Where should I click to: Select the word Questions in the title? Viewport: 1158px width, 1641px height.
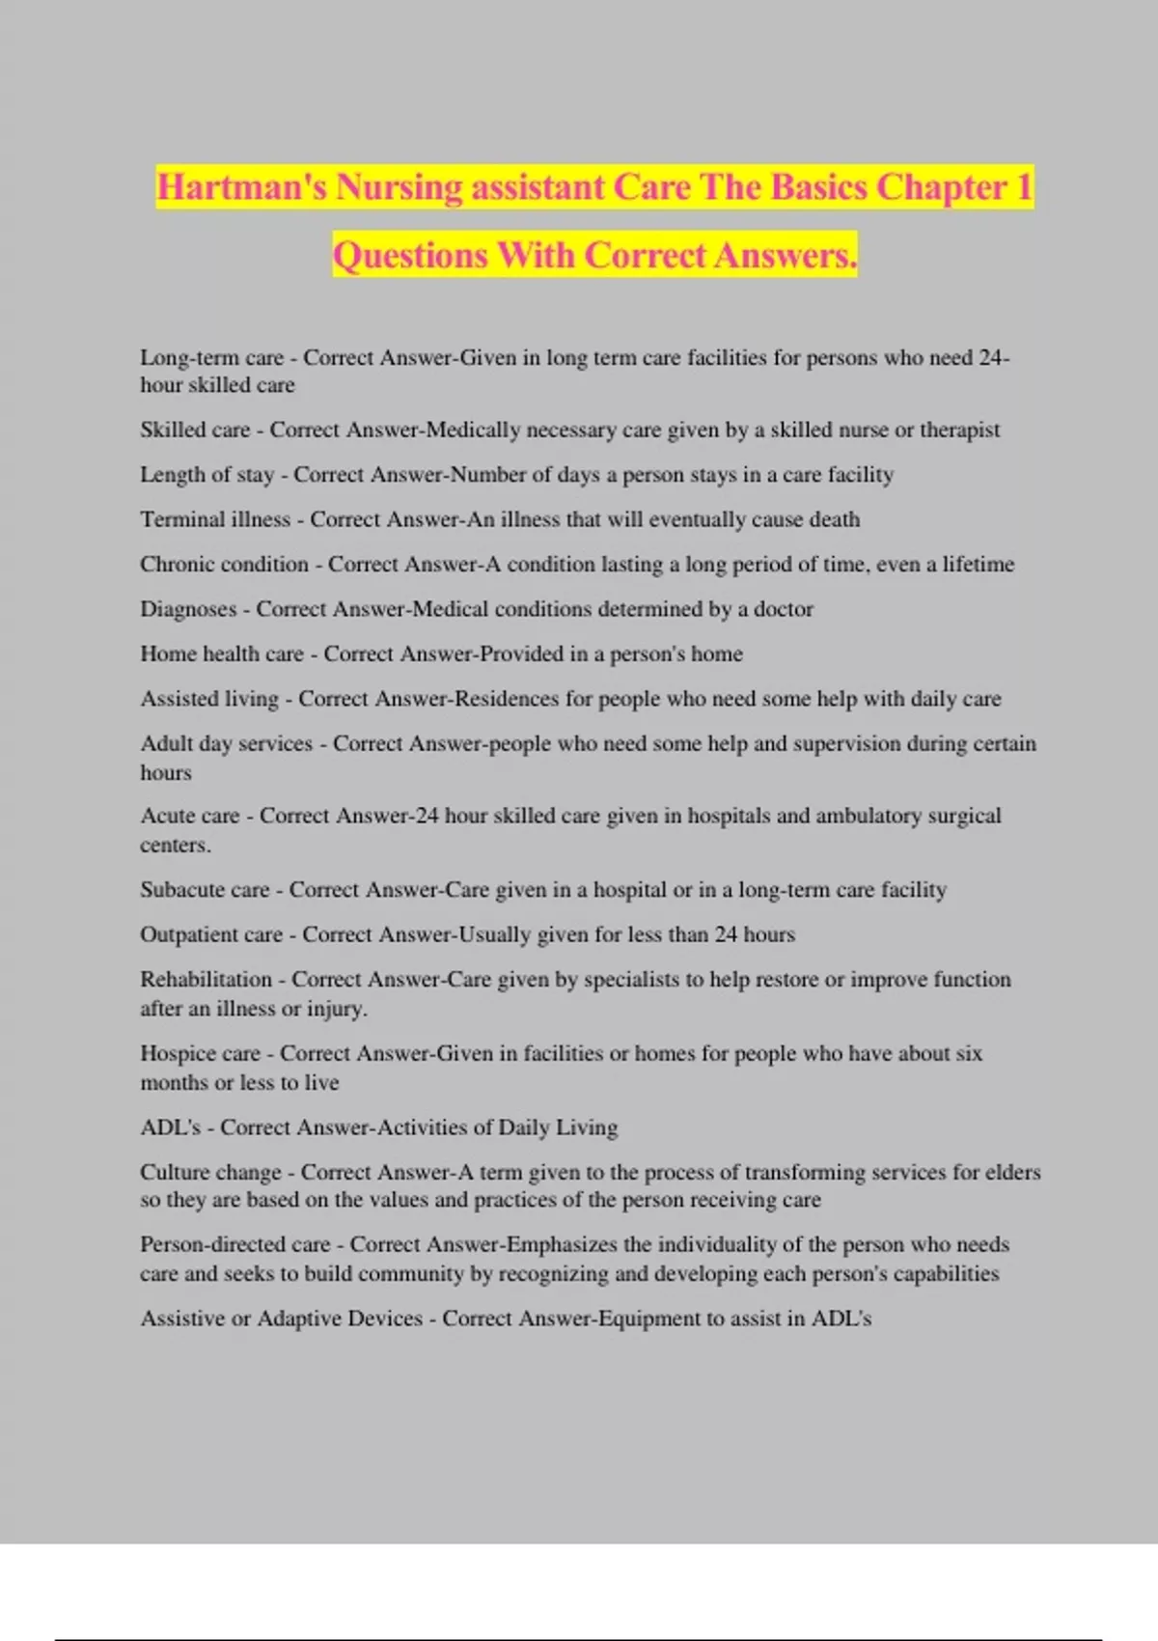click(410, 256)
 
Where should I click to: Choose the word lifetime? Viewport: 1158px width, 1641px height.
click(978, 565)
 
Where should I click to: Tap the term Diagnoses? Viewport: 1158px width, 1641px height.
click(188, 610)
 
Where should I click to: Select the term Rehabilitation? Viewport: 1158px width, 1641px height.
click(206, 980)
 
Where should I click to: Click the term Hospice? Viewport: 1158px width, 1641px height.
click(177, 1054)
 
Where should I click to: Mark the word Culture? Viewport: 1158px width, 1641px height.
click(176, 1173)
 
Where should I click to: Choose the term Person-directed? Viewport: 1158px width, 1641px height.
click(213, 1245)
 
